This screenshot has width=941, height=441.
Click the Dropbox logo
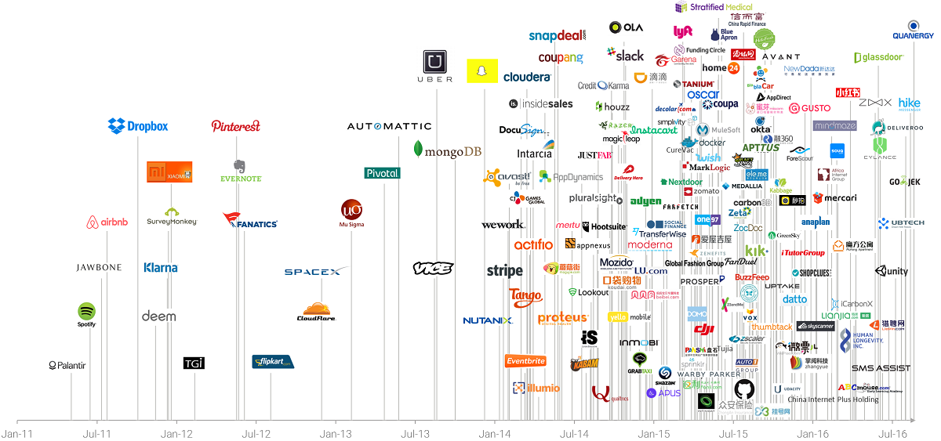click(138, 125)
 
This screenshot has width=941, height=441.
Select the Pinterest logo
click(235, 126)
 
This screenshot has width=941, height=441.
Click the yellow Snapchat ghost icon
click(482, 70)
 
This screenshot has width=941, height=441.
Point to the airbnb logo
click(107, 222)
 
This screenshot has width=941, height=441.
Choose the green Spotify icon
click(86, 312)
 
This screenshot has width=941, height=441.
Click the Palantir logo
click(67, 365)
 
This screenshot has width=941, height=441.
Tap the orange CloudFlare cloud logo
click(317, 311)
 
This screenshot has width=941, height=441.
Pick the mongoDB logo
click(447, 150)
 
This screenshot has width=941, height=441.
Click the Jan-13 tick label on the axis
click(336, 432)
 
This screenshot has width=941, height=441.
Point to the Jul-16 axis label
click(892, 432)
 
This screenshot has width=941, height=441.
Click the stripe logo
click(504, 271)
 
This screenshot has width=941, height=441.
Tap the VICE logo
click(433, 268)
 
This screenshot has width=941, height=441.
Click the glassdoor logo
click(879, 57)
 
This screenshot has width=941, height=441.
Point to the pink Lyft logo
click(683, 31)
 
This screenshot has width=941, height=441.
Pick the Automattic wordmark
click(389, 126)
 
